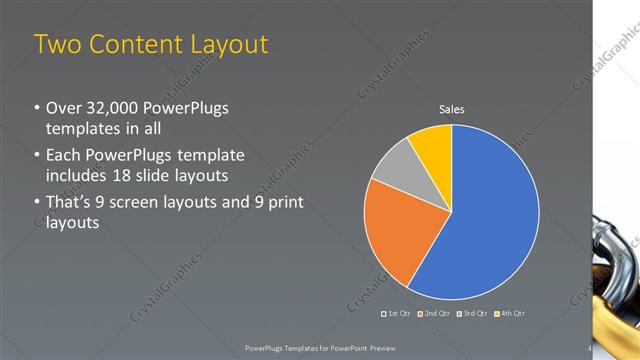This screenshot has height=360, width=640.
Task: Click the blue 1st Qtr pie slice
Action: [x=490, y=220]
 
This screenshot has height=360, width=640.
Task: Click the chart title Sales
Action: [x=452, y=110]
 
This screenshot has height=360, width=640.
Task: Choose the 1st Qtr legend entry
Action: [x=397, y=314]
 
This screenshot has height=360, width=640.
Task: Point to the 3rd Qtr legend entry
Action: [x=471, y=314]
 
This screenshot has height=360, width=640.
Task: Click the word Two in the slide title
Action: [x=58, y=44]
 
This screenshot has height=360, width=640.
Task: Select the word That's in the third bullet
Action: [x=70, y=202]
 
